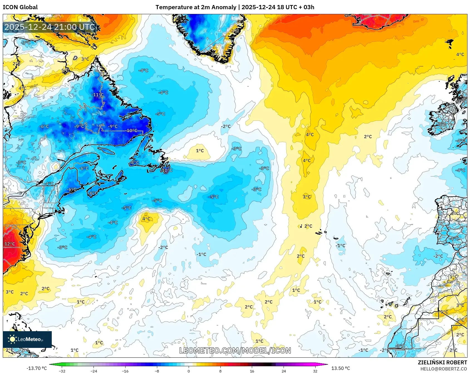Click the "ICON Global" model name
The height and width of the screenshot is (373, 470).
[x=20, y=7]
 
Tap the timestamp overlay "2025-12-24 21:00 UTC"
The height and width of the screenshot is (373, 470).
[x=50, y=27]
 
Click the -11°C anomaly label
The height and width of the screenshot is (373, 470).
[x=98, y=95]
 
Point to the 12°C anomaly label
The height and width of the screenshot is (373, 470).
[x=9, y=244]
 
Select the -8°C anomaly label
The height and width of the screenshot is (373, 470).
[x=135, y=162]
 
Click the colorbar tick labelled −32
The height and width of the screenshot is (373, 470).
[x=62, y=371]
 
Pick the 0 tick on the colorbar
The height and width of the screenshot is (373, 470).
[x=189, y=371]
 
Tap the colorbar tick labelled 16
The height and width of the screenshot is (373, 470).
[x=252, y=371]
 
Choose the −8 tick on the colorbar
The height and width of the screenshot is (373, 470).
[x=157, y=371]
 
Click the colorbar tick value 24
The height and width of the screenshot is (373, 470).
[x=284, y=371]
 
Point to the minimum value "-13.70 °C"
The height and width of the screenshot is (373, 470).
[x=36, y=368]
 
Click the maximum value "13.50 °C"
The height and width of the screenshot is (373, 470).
[x=340, y=368]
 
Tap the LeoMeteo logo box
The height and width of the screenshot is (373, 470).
[x=27, y=339]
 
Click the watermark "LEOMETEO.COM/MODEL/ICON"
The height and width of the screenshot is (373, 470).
[x=235, y=350]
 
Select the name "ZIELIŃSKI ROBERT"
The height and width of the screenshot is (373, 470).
[x=442, y=362]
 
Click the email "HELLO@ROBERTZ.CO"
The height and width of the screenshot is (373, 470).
[x=444, y=369]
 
